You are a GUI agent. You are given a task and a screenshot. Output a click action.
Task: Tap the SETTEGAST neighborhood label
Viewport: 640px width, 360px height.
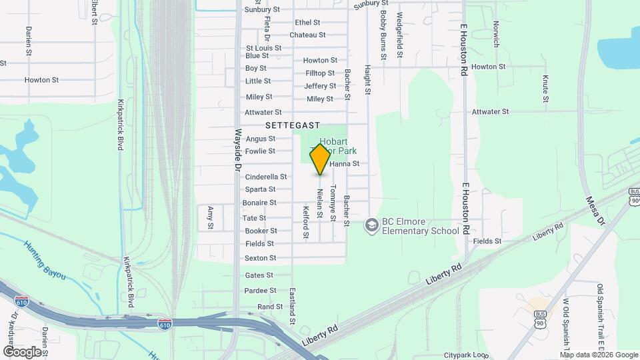[293, 125]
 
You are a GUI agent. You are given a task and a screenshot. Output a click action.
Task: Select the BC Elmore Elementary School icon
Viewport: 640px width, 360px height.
[371, 226]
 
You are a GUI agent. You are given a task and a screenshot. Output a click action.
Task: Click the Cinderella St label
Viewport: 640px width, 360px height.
[266, 177]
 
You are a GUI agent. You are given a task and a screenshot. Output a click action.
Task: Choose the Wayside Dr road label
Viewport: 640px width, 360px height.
[237, 150]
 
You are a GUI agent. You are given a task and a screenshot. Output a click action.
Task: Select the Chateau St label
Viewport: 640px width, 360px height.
[307, 35]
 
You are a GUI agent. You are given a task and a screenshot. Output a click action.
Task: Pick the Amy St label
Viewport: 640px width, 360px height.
[210, 217]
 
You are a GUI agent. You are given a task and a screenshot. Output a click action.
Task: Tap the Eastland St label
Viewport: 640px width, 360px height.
[292, 306]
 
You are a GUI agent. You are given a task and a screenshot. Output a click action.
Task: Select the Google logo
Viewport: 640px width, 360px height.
[21, 351]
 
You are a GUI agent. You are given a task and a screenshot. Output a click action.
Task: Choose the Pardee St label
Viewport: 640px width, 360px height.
[260, 291]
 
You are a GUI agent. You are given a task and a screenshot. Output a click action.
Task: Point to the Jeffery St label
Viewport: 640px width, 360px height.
[320, 86]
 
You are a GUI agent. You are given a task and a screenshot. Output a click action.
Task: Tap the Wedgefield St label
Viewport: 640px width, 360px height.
[400, 35]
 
